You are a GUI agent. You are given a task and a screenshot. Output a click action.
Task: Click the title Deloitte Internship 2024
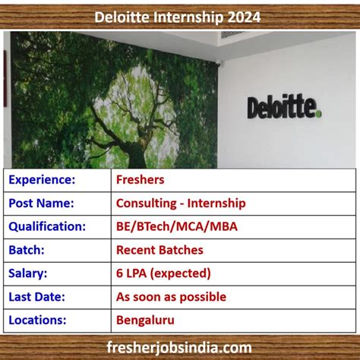(180, 16)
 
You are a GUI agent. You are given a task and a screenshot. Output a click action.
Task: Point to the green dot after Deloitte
(319, 113)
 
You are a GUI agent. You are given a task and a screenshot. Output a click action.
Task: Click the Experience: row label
(42, 180)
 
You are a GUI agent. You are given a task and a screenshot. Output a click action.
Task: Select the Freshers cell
(141, 180)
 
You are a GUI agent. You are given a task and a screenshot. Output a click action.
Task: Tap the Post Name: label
(42, 204)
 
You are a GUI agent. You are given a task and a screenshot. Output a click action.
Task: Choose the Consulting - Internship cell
(181, 204)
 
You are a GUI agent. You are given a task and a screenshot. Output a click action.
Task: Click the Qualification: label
(47, 226)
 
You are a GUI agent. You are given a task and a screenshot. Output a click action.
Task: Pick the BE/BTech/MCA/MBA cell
(176, 226)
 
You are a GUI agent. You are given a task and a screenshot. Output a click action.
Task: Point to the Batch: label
(27, 250)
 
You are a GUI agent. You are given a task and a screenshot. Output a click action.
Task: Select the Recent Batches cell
(159, 250)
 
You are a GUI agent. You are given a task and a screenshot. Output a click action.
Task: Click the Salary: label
(28, 273)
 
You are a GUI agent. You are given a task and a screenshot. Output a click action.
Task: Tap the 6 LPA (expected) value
(163, 273)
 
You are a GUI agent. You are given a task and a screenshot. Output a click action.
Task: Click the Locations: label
(39, 321)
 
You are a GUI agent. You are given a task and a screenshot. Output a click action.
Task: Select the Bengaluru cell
(144, 321)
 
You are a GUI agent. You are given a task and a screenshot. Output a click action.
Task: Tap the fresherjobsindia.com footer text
(179, 348)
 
